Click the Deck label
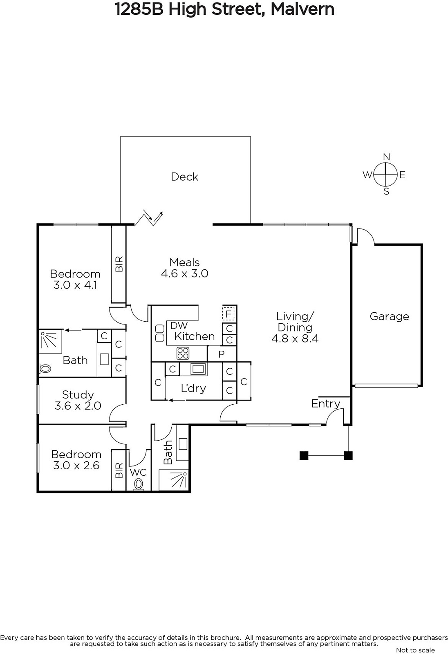point(184,177)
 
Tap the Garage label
point(389,316)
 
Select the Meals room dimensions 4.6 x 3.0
point(185,273)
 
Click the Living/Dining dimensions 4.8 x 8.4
point(295,338)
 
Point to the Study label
point(78,395)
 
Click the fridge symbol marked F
point(228,314)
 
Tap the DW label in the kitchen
point(179,325)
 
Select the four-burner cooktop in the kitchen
point(183,353)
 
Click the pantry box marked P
point(222,354)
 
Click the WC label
point(138,472)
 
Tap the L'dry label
point(193,388)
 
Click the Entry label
point(326,404)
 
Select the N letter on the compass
point(386,157)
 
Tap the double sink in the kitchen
point(160,333)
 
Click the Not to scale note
point(415,650)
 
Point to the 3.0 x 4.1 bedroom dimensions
point(75,284)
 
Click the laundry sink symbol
point(198,369)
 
